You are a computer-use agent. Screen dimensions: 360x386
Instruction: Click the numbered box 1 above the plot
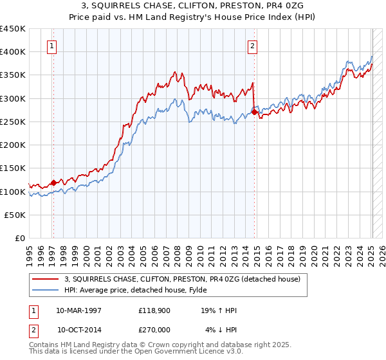pos(51,46)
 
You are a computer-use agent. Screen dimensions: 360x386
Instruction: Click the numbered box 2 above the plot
pos(253,46)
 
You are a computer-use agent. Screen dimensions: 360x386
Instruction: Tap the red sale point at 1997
pos(53,182)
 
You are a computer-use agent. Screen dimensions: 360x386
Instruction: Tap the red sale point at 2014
pos(254,112)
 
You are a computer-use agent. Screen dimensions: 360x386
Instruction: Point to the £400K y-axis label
pos(13,51)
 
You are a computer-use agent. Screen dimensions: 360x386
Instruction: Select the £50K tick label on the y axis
pos(15,215)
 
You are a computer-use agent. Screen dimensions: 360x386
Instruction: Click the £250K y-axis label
pos(13,122)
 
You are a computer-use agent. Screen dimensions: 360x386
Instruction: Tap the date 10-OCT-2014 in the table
pos(80,330)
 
